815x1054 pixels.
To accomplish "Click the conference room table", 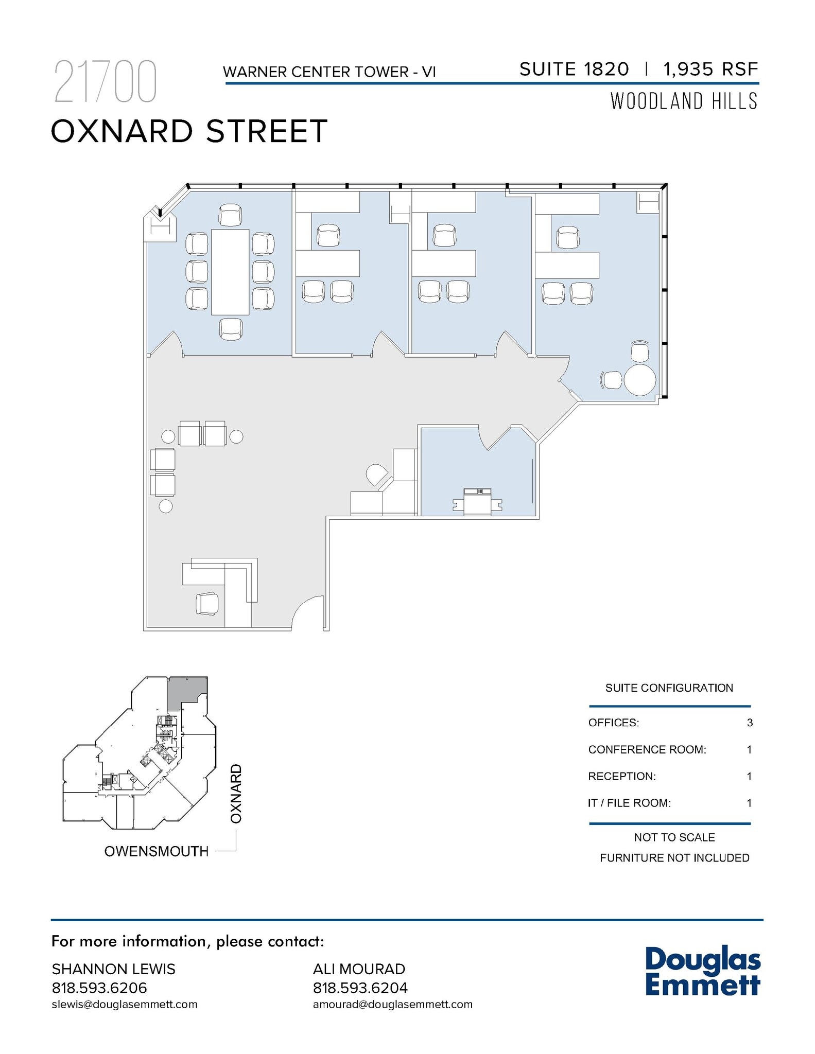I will pyautogui.click(x=230, y=272).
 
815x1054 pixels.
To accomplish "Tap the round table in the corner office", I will pyautogui.click(x=639, y=380).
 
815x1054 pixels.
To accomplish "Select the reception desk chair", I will pyautogui.click(x=207, y=603).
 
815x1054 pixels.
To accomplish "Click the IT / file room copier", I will pyautogui.click(x=477, y=501).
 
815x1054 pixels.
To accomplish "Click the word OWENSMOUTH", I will pyautogui.click(x=157, y=851).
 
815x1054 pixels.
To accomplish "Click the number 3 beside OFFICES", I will pyautogui.click(x=750, y=723).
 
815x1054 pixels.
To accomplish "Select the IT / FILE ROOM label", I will pyautogui.click(x=629, y=803).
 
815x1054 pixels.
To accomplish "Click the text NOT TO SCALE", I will pyautogui.click(x=674, y=837).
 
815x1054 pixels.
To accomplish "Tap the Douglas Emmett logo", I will pyautogui.click(x=702, y=971).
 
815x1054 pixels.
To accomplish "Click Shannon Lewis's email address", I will pyautogui.click(x=125, y=1004).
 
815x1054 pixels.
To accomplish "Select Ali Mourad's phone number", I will pyautogui.click(x=360, y=988).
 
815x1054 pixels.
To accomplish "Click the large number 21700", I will pyautogui.click(x=106, y=82).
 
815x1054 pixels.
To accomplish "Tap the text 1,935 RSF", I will pyautogui.click(x=710, y=69).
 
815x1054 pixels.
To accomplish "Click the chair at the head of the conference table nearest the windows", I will pyautogui.click(x=230, y=215).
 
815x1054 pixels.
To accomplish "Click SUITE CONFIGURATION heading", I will pyautogui.click(x=669, y=688).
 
